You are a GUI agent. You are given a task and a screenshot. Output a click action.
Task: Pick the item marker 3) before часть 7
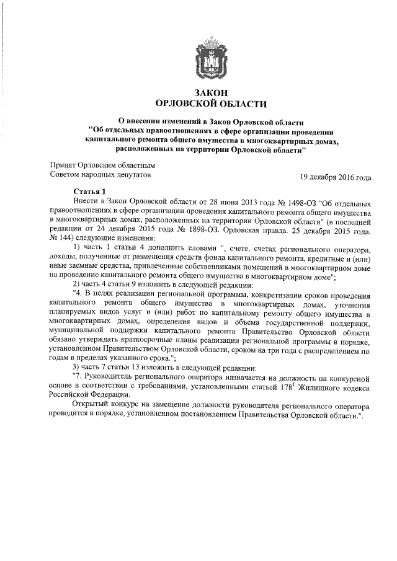(x=78, y=366)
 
